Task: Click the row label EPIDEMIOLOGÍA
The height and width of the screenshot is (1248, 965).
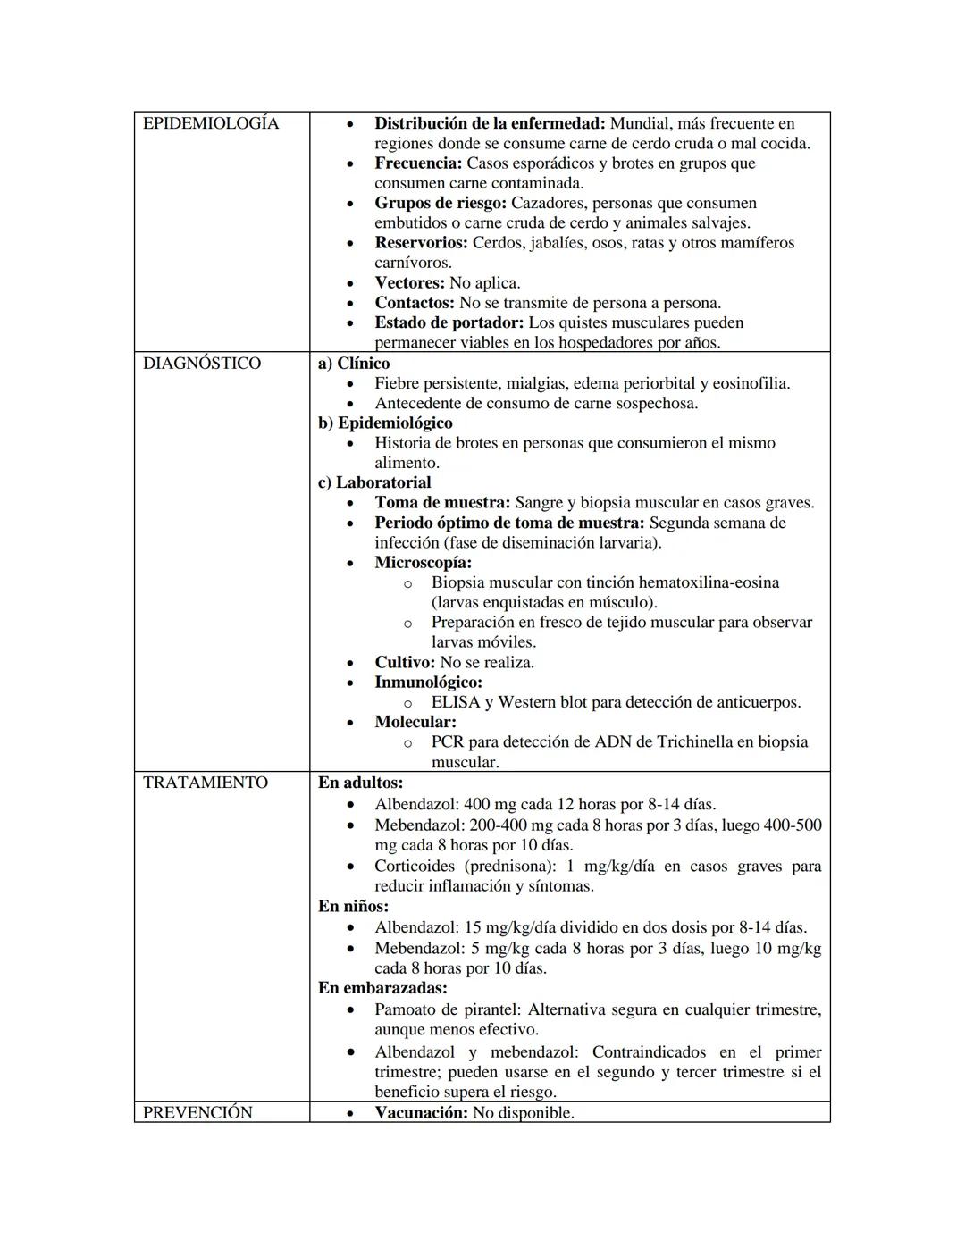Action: tap(211, 123)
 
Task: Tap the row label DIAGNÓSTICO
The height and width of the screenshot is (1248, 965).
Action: tap(202, 364)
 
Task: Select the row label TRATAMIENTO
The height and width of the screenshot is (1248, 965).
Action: tap(206, 783)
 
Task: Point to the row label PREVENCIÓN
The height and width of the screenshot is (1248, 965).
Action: tap(197, 1112)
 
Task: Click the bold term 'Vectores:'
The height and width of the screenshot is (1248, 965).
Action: tap(409, 283)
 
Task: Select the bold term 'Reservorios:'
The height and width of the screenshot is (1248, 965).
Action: tap(421, 243)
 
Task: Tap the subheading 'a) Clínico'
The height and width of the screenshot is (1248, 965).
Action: tap(354, 364)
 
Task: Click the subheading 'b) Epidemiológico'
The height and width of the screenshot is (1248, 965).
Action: tap(385, 423)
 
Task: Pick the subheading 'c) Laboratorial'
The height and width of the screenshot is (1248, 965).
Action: tap(374, 483)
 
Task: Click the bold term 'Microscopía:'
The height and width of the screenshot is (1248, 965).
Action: tap(423, 563)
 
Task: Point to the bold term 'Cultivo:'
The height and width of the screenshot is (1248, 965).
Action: tap(405, 663)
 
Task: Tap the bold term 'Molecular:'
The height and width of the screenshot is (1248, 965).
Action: tap(415, 722)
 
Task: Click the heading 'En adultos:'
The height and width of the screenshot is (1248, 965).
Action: tap(360, 783)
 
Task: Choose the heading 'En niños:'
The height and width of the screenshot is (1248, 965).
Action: tap(353, 906)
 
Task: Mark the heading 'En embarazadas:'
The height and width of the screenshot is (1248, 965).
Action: tap(382, 988)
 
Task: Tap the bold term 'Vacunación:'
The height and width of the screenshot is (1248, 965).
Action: tap(421, 1113)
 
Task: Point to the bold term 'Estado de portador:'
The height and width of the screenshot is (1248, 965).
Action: tap(449, 322)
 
